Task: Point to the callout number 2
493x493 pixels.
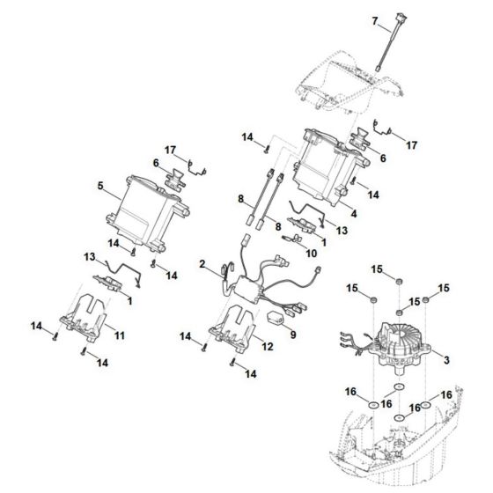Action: (202, 264)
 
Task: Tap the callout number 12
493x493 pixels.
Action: (267, 347)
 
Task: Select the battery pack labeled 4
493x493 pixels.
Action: (326, 167)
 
